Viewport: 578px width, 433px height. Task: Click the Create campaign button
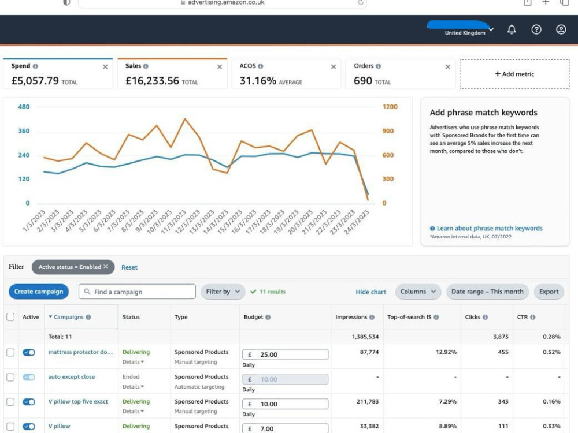tap(39, 292)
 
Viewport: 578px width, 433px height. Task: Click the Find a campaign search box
tap(137, 292)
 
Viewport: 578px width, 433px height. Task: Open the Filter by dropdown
tap(223, 292)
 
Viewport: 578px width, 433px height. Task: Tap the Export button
tap(549, 292)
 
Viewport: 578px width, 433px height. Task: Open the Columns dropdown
tap(418, 292)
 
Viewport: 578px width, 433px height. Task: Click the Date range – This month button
tap(487, 292)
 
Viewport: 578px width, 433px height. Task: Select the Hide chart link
tap(371, 292)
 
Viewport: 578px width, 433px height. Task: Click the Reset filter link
tap(129, 267)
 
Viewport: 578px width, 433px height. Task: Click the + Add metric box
tap(514, 74)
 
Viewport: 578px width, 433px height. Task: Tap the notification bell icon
tap(512, 29)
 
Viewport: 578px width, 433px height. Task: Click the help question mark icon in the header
tap(536, 29)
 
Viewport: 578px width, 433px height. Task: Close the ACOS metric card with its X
tap(334, 66)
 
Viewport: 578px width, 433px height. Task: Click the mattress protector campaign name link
tap(80, 352)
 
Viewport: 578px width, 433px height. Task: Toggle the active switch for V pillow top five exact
tap(29, 402)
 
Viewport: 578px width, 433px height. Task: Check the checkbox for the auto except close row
tap(10, 377)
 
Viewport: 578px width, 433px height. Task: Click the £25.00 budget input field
tap(286, 354)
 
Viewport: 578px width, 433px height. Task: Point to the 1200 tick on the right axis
tap(390, 107)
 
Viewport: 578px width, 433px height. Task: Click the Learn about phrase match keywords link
tap(486, 228)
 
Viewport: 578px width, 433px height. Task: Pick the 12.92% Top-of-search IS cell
tap(446, 352)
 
